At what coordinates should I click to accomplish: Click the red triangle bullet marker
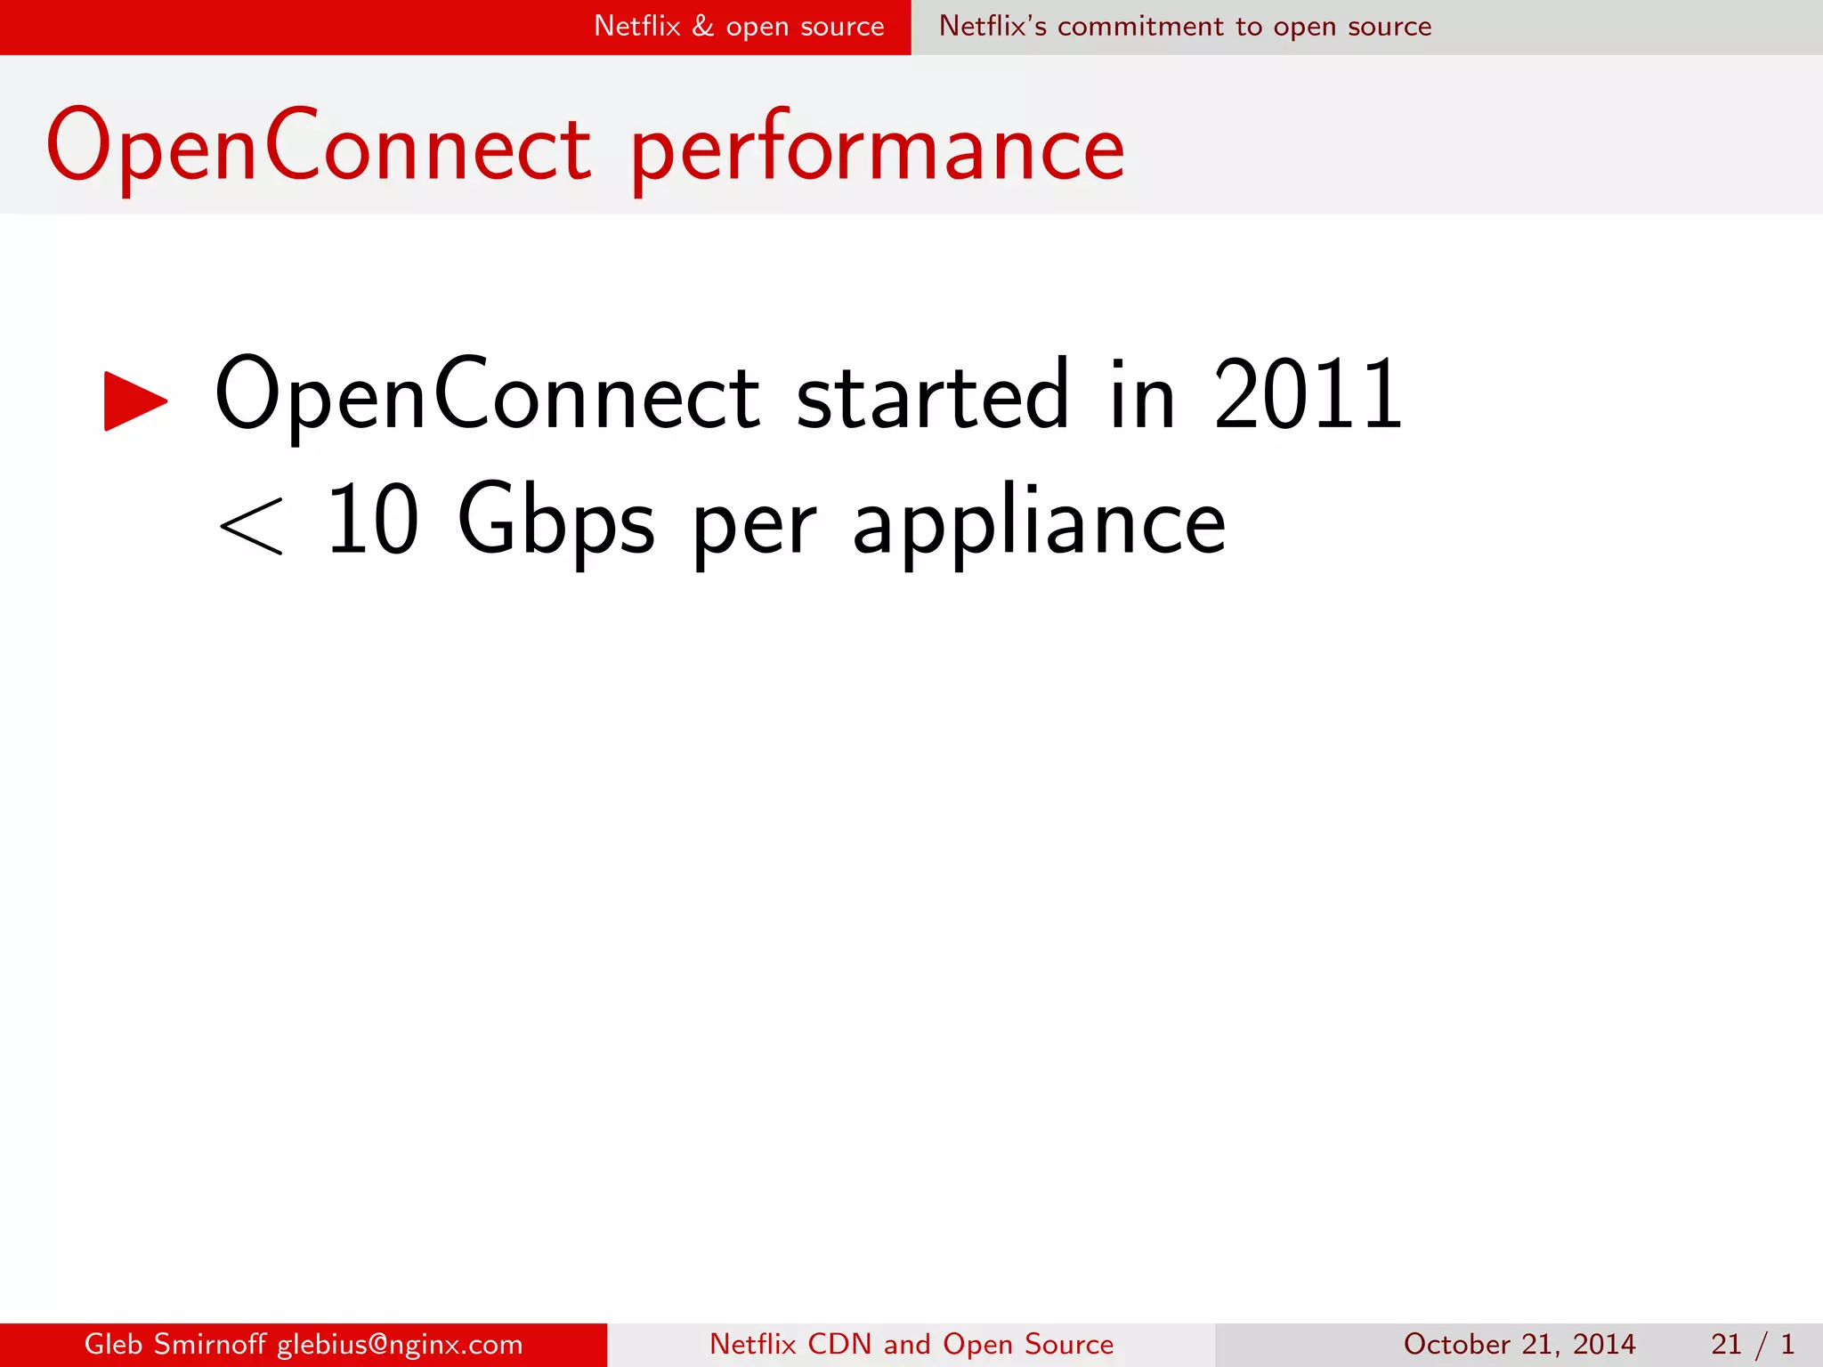[x=134, y=400]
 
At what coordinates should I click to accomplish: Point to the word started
[x=931, y=395]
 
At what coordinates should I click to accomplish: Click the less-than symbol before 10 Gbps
[x=251, y=526]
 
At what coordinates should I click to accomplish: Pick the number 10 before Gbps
[x=372, y=520]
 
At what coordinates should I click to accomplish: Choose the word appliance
[x=1039, y=523]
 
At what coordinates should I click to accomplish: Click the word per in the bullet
[x=754, y=530]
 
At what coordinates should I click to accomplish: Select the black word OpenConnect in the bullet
[x=487, y=395]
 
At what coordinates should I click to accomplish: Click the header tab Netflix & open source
[x=739, y=27]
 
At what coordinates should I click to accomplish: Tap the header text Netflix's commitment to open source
[x=1185, y=27]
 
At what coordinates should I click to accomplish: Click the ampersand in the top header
[x=703, y=26]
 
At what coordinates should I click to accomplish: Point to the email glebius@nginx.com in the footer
[x=400, y=1344]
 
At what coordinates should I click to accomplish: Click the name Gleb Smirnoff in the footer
[x=174, y=1344]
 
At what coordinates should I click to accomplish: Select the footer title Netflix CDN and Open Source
[x=911, y=1344]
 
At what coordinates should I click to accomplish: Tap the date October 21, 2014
[x=1519, y=1344]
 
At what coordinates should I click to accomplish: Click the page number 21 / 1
[x=1752, y=1344]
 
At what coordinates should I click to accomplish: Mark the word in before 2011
[x=1142, y=395]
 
